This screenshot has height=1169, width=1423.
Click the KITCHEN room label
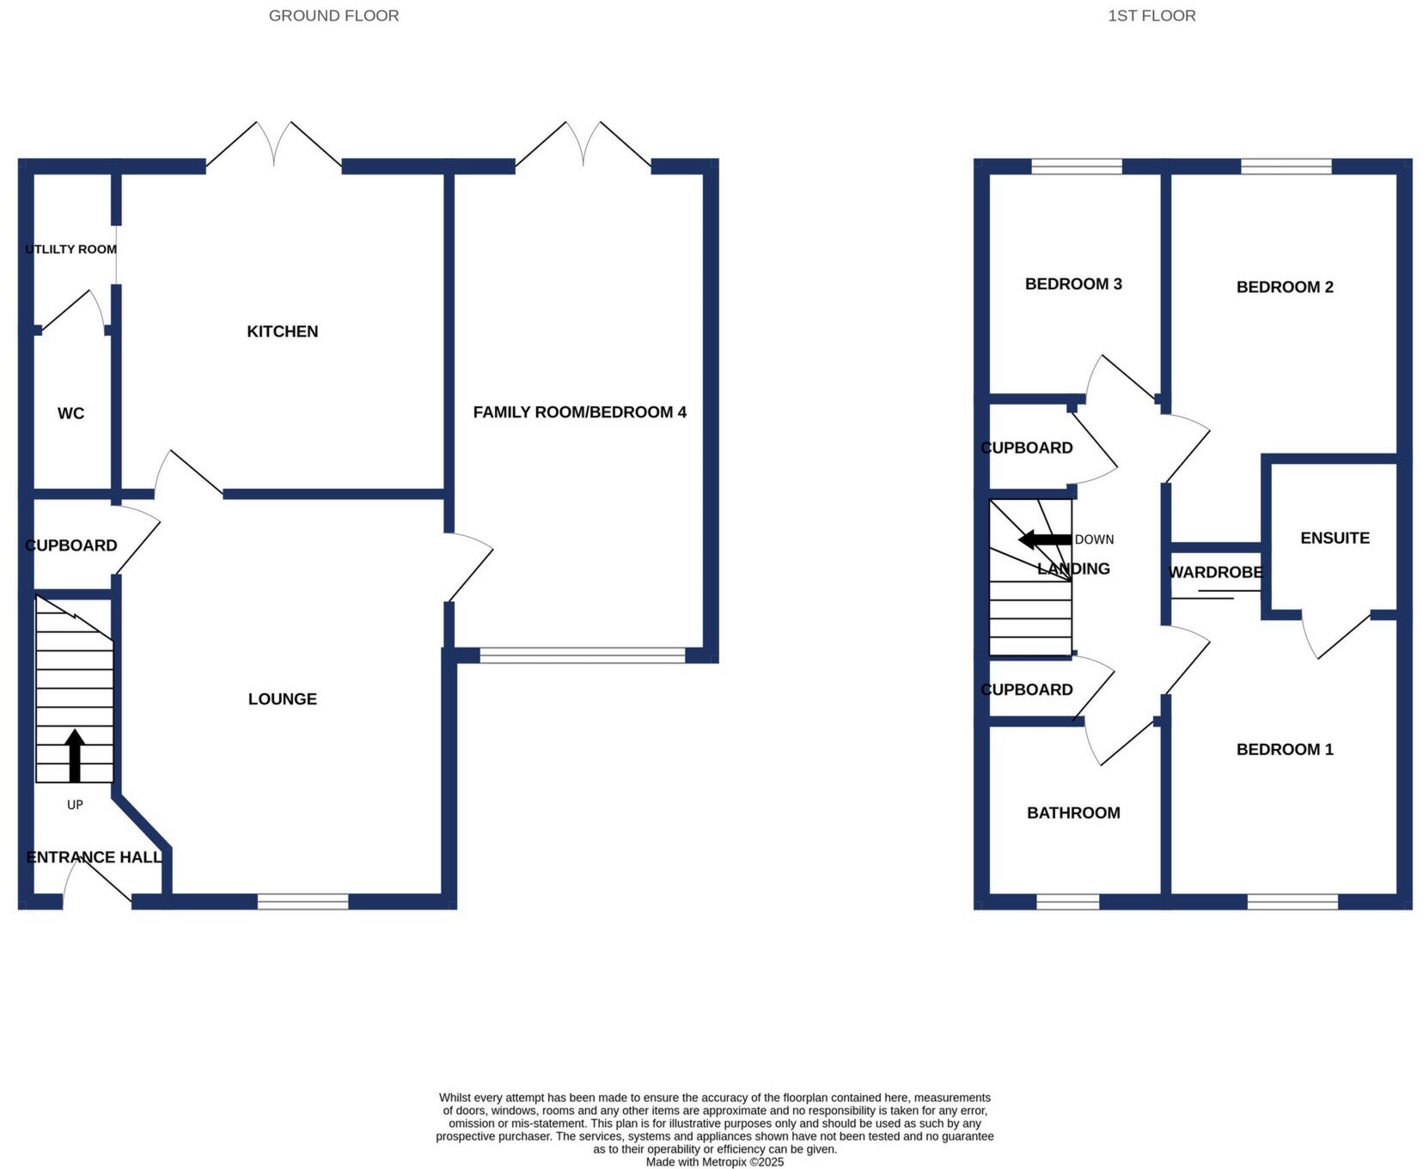tap(282, 332)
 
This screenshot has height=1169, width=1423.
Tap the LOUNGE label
tap(282, 699)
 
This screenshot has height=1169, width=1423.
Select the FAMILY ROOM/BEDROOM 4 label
tap(579, 412)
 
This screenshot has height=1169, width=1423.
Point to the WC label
tap(70, 414)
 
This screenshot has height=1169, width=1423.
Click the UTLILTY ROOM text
tap(70, 249)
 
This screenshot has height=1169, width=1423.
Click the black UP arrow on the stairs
tap(75, 755)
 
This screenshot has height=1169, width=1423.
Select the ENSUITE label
tap(1334, 539)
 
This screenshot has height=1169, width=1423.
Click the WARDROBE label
tap(1215, 572)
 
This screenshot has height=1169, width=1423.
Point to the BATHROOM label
tap(1073, 813)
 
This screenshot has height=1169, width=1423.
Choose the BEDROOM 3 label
tap(1073, 284)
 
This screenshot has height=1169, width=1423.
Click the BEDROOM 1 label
tap(1285, 750)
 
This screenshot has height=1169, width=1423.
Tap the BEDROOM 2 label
tap(1285, 287)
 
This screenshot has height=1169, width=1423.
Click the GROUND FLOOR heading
tap(333, 15)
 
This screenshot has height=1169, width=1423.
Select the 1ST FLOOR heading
tap(1151, 15)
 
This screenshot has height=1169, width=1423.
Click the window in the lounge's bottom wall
tap(302, 901)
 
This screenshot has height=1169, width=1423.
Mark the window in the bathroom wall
tap(1067, 901)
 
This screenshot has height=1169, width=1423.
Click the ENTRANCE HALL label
tap(94, 857)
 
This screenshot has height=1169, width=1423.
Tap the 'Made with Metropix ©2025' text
tap(715, 1162)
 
